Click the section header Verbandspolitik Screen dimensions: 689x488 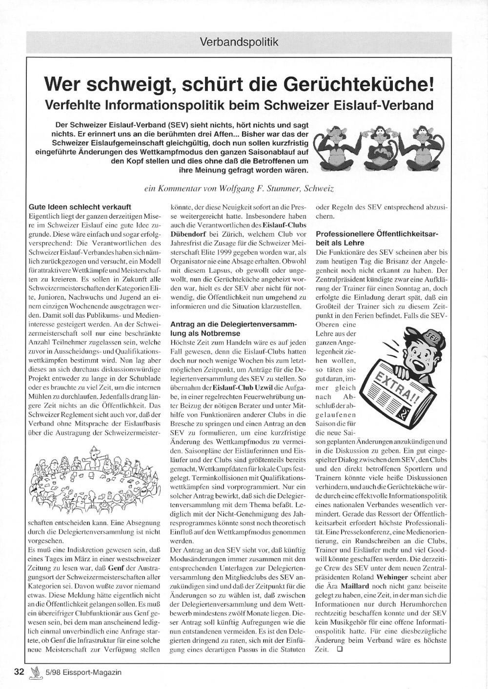click(239, 41)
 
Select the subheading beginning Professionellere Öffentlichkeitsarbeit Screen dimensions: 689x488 click(377, 238)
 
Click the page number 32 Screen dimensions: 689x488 click(20, 672)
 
